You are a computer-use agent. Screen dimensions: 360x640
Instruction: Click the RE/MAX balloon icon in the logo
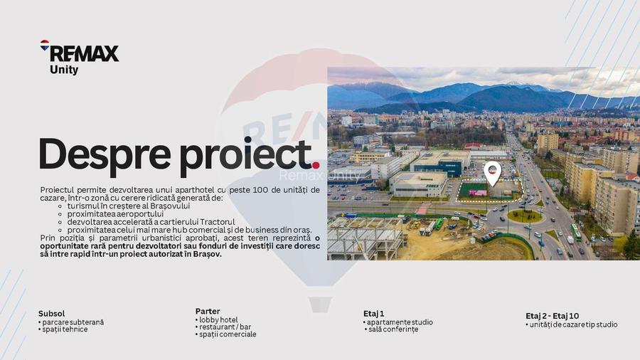click(x=45, y=46)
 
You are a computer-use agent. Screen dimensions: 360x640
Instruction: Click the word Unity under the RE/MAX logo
click(x=64, y=70)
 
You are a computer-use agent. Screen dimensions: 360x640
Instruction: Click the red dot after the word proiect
click(x=316, y=166)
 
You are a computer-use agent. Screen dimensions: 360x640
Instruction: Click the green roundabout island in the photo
click(x=525, y=216)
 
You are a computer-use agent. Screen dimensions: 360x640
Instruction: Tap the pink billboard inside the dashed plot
click(x=478, y=192)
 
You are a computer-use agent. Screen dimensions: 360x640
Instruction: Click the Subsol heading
click(x=51, y=314)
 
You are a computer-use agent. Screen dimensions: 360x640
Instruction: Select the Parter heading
click(x=208, y=312)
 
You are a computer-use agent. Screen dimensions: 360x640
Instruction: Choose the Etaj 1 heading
click(x=373, y=314)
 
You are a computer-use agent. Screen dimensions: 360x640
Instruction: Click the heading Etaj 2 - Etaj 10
click(x=553, y=316)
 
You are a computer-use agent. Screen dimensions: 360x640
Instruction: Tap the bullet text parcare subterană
click(x=73, y=322)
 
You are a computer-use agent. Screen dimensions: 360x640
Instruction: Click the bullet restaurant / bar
click(x=225, y=327)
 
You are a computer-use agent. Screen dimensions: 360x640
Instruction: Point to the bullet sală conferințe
click(x=393, y=329)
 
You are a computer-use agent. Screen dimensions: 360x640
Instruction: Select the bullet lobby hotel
click(x=218, y=320)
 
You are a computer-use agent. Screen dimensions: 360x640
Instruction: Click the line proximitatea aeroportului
click(x=115, y=213)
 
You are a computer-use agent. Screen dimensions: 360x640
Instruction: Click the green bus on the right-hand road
click(x=575, y=232)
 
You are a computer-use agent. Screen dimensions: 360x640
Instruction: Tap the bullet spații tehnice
click(x=65, y=329)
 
